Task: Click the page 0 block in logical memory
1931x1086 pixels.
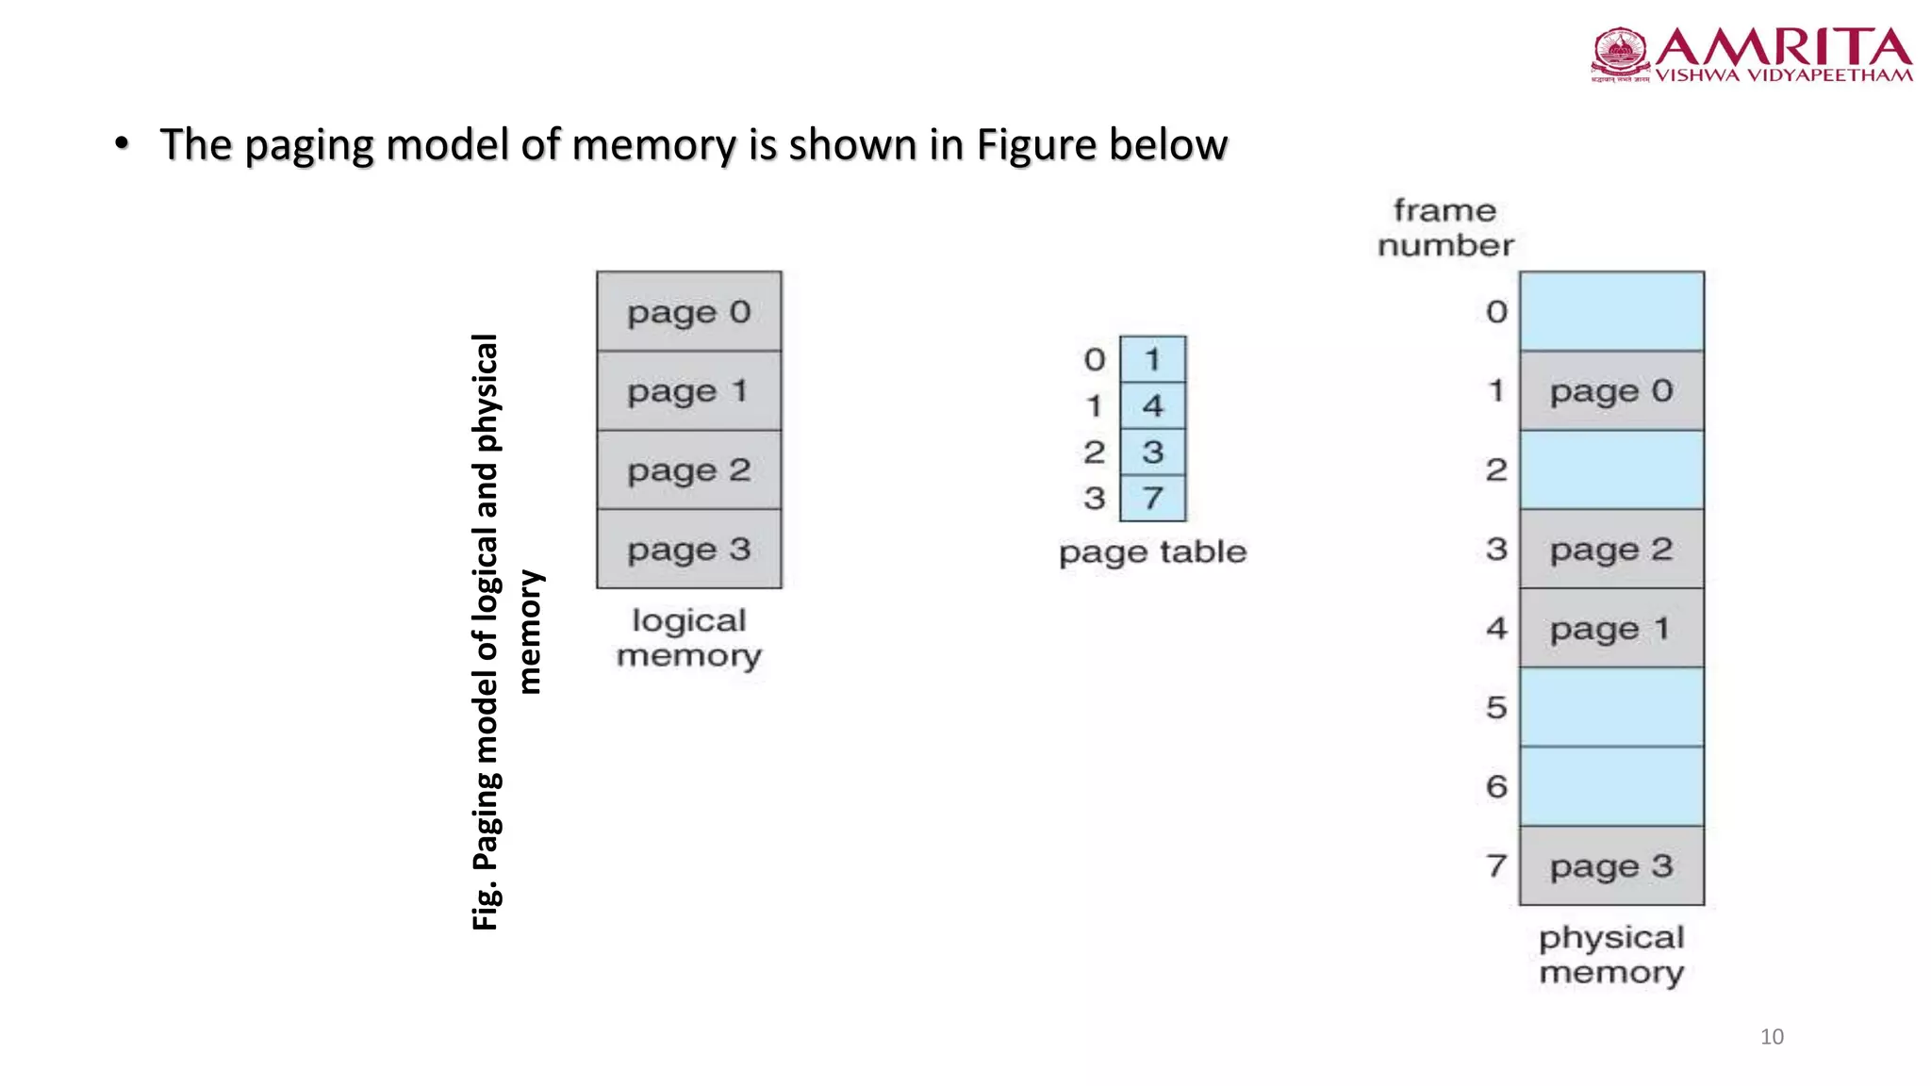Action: pos(688,312)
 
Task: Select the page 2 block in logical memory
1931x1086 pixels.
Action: pos(688,469)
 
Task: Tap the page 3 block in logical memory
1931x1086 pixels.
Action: pos(688,549)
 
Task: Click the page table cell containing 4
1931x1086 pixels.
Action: pos(1152,405)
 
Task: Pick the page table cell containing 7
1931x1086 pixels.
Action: pos(1152,498)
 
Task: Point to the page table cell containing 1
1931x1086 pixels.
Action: pos(1152,359)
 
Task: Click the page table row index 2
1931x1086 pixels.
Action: pos(1094,452)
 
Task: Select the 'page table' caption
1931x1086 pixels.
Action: pos(1152,551)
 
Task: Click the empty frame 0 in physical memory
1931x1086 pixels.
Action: pos(1611,312)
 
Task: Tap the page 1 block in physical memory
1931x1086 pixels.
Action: pos(1611,628)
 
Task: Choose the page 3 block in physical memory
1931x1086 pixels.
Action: pos(1611,865)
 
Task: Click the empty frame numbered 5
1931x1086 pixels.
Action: pos(1611,707)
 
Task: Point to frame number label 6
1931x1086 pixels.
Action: pos(1496,786)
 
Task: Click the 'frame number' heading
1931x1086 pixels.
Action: pos(1445,227)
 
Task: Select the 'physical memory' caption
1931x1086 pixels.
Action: pos(1611,954)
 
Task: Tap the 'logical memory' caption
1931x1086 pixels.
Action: pos(688,637)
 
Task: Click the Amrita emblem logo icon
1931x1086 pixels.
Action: pos(1620,53)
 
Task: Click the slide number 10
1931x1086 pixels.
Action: pos(1772,1037)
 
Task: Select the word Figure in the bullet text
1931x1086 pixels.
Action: pos(1036,145)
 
